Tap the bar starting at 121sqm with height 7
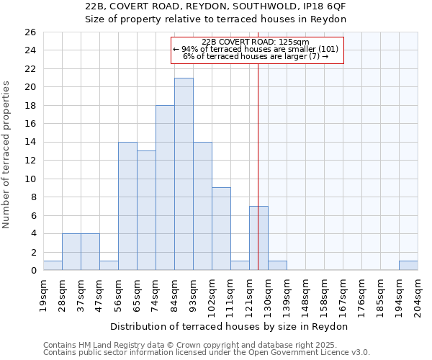click(258, 238)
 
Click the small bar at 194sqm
click(408, 265)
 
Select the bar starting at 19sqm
click(53, 265)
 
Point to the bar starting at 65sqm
click(146, 210)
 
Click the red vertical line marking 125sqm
click(258, 180)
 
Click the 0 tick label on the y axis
click(32, 271)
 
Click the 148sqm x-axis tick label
click(305, 295)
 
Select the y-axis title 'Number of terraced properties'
click(6, 155)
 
